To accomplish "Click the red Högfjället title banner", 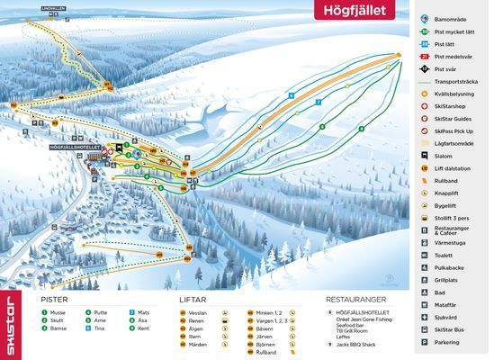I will point(361,10).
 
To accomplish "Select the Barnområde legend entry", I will point(457,18).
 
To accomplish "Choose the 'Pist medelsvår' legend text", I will point(459,56).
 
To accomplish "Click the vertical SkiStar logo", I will point(11,324).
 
